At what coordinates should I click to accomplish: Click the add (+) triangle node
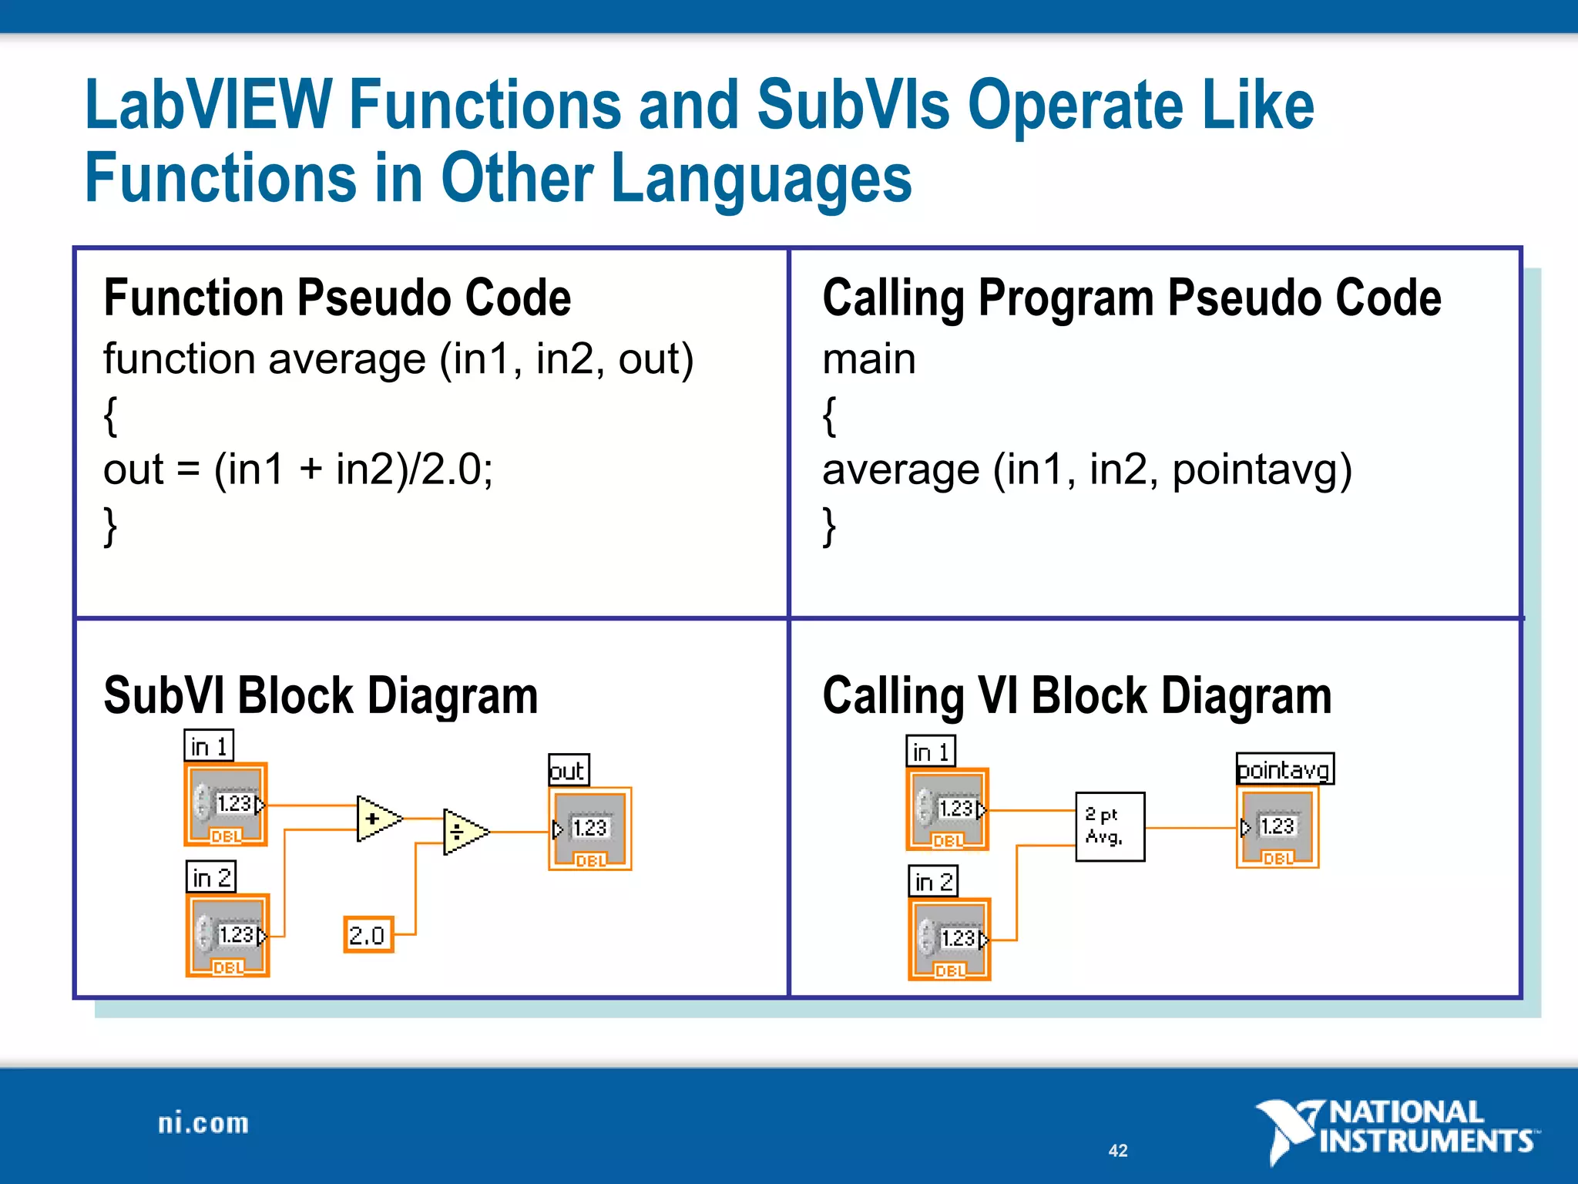[x=376, y=819]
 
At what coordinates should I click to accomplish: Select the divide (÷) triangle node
[x=462, y=832]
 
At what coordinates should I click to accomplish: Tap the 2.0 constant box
[x=368, y=935]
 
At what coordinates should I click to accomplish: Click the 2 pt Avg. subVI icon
[x=1110, y=826]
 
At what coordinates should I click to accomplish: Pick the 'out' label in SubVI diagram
[x=569, y=770]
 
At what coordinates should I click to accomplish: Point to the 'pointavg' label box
[x=1284, y=769]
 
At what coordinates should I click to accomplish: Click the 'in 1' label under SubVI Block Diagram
[x=209, y=746]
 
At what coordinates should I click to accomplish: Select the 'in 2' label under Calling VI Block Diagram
[x=933, y=881]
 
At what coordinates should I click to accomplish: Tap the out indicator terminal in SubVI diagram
[x=590, y=829]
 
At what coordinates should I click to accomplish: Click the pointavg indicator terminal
[x=1278, y=828]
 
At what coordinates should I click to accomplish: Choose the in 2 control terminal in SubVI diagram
[x=228, y=936]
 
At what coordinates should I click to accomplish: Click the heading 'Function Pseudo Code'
[x=337, y=298]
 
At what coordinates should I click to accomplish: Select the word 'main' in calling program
[x=869, y=359]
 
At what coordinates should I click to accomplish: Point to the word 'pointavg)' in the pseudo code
[x=1262, y=469]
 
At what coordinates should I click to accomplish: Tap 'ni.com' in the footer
[x=203, y=1123]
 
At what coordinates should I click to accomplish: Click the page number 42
[x=1118, y=1150]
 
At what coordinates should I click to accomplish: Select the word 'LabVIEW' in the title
[x=208, y=106]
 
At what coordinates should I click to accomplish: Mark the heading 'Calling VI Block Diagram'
[x=1077, y=695]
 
